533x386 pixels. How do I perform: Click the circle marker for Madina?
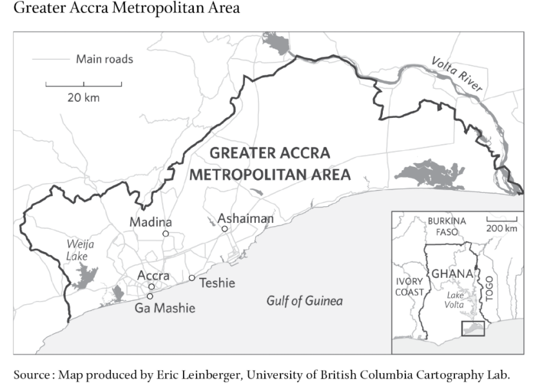pyautogui.click(x=166, y=233)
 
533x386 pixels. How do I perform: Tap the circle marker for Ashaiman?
pyautogui.click(x=224, y=229)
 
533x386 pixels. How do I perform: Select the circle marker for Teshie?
pyautogui.click(x=191, y=278)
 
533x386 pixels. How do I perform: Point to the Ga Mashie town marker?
pyautogui.click(x=150, y=296)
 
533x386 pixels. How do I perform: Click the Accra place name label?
pyautogui.click(x=153, y=276)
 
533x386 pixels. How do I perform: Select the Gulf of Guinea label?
pyautogui.click(x=305, y=301)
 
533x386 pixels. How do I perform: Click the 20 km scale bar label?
pyautogui.click(x=84, y=98)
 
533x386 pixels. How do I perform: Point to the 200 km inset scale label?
pyautogui.click(x=501, y=228)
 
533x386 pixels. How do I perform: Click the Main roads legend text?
pyautogui.click(x=104, y=59)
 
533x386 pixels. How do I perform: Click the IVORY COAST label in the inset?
pyautogui.click(x=410, y=287)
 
